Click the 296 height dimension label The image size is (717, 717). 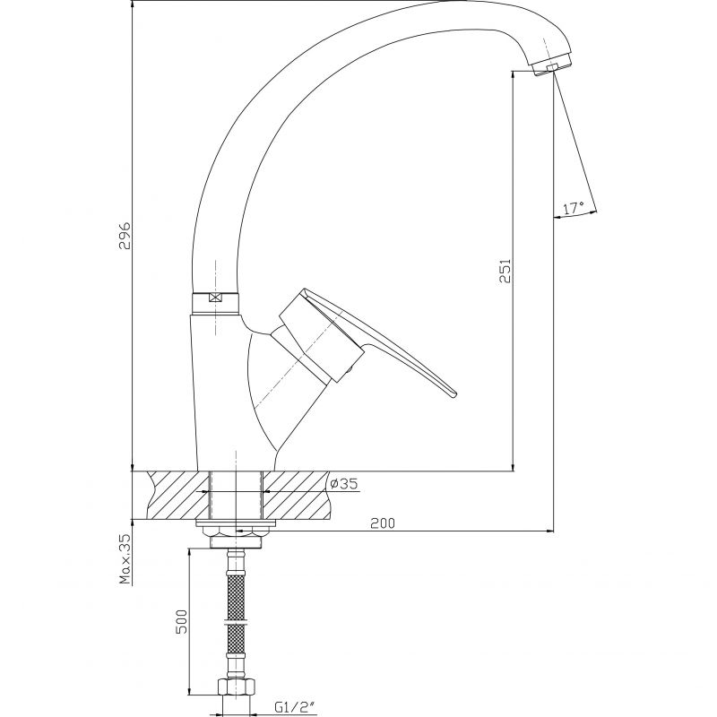click(x=125, y=236)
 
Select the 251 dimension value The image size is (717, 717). click(x=505, y=271)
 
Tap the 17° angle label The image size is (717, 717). click(x=574, y=209)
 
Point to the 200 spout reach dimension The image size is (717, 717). click(x=383, y=523)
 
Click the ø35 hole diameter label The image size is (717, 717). click(x=343, y=483)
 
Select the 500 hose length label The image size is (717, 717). click(x=182, y=621)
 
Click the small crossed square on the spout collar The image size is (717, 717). click(x=214, y=298)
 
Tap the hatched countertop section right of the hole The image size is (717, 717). click(x=297, y=496)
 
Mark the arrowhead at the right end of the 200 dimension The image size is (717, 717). click(x=549, y=531)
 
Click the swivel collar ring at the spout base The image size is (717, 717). click(x=214, y=303)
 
